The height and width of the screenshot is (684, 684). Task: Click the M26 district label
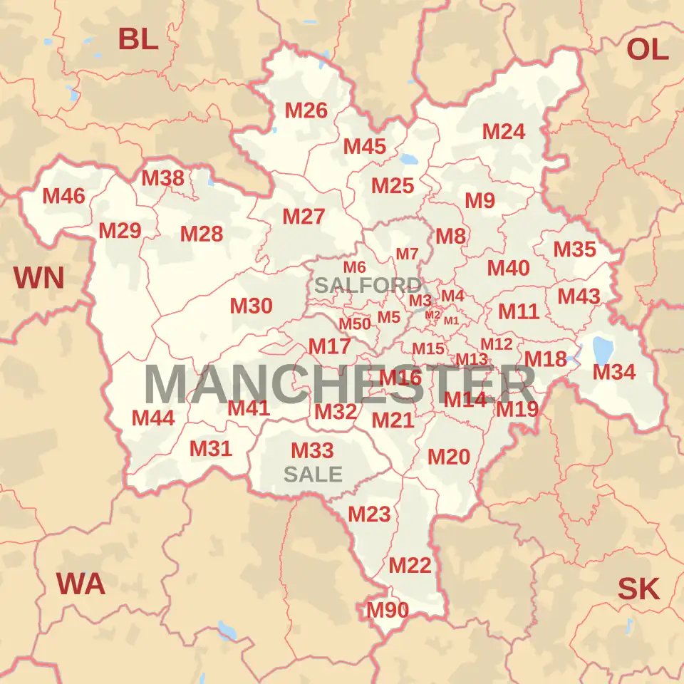tap(306, 110)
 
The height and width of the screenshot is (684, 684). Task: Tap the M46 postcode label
tap(63, 196)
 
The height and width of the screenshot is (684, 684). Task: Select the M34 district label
tap(613, 372)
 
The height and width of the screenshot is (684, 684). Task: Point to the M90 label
tap(388, 611)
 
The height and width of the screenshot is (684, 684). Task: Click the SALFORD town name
tap(368, 286)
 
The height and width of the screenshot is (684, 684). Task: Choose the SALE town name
tap(313, 474)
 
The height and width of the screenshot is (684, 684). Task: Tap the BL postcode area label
tap(138, 39)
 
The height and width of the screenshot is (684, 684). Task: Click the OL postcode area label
tap(648, 49)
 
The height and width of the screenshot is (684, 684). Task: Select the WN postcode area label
tap(39, 278)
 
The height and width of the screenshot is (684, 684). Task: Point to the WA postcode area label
tap(81, 584)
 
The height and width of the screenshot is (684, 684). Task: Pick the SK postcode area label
tap(638, 589)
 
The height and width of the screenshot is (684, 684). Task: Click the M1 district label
tap(451, 321)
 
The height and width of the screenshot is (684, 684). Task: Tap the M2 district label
tap(432, 315)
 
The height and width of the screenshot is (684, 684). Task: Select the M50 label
tap(355, 324)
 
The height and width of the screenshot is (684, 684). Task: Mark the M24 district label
tap(504, 132)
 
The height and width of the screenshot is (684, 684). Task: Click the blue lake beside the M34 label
tap(603, 349)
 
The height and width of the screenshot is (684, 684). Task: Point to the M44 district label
tap(153, 418)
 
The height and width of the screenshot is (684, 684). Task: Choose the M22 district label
tap(410, 566)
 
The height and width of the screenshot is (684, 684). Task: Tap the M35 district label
tap(574, 250)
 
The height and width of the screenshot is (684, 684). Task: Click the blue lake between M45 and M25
tap(411, 160)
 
